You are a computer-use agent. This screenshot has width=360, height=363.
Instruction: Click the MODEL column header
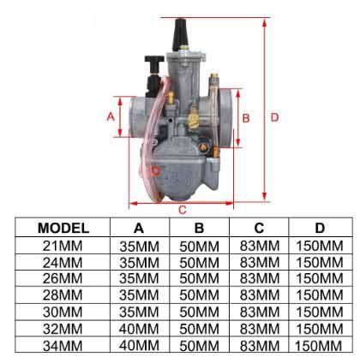tap(64, 228)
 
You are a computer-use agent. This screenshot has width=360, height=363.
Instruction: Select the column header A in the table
tap(139, 228)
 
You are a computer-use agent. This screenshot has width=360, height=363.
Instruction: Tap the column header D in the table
tap(319, 228)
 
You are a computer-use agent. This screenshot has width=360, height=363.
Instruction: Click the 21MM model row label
tap(64, 245)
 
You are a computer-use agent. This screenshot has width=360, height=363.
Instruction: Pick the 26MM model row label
tap(64, 277)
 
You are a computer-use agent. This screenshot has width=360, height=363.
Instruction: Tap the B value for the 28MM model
tap(199, 294)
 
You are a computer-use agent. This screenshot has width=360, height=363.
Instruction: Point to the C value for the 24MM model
tap(258, 261)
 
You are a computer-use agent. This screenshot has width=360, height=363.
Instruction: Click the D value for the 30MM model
tap(319, 311)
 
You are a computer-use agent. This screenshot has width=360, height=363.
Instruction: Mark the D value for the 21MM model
tap(319, 245)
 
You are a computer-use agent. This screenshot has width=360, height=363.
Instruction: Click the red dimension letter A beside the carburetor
tap(110, 116)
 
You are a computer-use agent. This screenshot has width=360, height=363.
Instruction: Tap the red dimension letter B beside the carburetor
tap(246, 117)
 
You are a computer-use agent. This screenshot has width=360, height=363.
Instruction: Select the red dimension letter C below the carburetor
tap(183, 209)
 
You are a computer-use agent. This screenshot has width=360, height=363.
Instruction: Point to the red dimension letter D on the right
tap(274, 117)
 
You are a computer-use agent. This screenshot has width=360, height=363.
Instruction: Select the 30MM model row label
tap(64, 311)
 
